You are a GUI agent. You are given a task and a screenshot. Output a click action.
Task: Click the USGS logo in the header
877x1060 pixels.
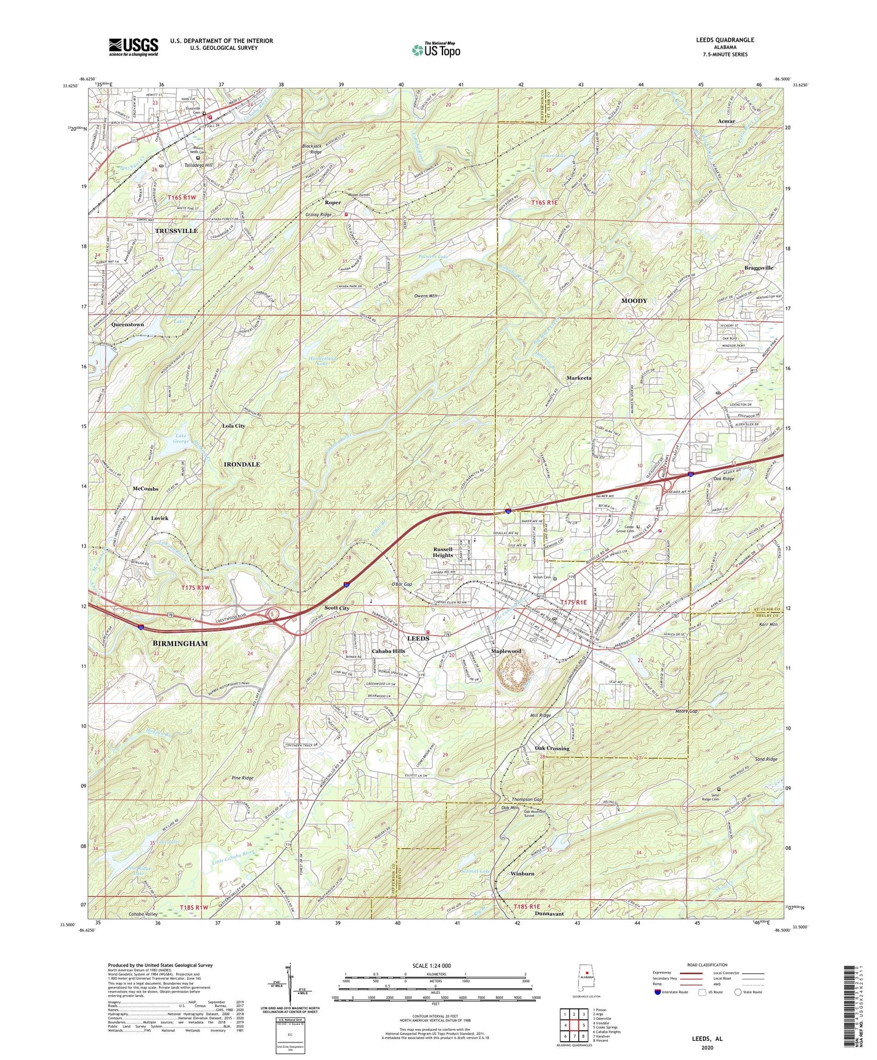pyautogui.click(x=134, y=46)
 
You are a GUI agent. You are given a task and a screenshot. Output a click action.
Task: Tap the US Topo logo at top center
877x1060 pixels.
pyautogui.click(x=435, y=50)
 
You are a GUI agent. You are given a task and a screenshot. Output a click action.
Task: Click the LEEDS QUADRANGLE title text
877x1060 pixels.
pyautogui.click(x=725, y=40)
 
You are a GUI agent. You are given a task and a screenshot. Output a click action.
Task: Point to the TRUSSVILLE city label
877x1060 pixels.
pyautogui.click(x=176, y=231)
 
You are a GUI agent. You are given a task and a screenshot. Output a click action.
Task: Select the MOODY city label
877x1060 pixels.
pyautogui.click(x=634, y=301)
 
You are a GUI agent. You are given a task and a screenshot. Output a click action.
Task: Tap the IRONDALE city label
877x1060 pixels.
pyautogui.click(x=242, y=464)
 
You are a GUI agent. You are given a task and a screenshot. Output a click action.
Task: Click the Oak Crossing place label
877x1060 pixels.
pyautogui.click(x=552, y=748)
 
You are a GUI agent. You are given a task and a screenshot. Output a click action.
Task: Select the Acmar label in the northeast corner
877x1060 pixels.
pyautogui.click(x=726, y=121)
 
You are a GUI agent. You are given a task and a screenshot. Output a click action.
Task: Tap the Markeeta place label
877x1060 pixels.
pyautogui.click(x=578, y=378)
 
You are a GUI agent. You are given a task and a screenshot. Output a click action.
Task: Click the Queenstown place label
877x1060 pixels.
pyautogui.click(x=127, y=325)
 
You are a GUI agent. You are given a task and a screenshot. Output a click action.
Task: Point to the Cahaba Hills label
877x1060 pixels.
pyautogui.click(x=388, y=651)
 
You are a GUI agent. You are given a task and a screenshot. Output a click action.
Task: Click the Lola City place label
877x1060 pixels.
pyautogui.click(x=234, y=426)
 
